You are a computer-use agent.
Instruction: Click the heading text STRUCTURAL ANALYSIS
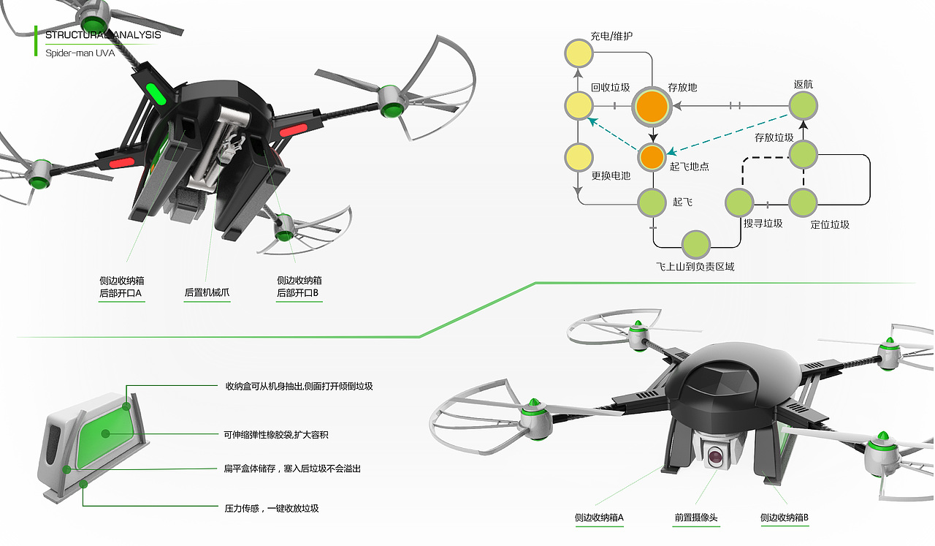(103, 34)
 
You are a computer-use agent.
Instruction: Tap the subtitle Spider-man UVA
(80, 53)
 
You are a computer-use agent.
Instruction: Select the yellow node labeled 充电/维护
(578, 54)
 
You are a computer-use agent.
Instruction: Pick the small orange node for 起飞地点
(652, 156)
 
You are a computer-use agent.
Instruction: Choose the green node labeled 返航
(803, 106)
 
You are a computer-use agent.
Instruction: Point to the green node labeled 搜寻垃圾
(739, 202)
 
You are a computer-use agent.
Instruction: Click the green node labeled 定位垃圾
(803, 202)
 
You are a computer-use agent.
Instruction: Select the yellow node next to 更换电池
(578, 156)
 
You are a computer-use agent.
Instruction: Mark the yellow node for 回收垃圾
(578, 106)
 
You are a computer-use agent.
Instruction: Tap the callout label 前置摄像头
(695, 518)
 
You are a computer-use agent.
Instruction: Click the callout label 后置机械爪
(207, 293)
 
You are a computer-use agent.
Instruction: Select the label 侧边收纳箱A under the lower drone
(599, 518)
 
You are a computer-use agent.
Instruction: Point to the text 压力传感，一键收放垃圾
(271, 508)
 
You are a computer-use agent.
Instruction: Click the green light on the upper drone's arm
(156, 94)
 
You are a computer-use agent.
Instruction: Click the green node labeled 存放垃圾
(803, 155)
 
